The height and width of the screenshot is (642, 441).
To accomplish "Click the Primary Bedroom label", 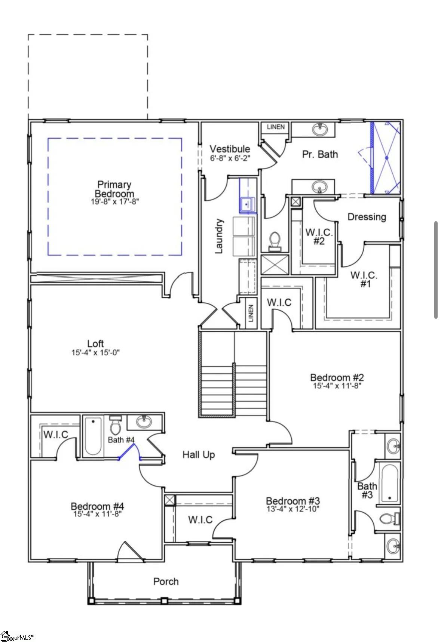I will point(114,189).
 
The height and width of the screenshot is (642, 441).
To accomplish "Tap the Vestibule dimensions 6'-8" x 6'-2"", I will point(230,158).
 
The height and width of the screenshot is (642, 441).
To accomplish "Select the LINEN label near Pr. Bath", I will point(276,127).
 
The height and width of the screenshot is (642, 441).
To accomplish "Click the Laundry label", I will point(219,236).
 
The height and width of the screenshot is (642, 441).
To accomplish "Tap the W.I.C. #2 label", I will point(319,237).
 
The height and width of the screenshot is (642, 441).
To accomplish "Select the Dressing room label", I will point(367,217).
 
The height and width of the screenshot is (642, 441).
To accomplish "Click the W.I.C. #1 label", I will point(364,279).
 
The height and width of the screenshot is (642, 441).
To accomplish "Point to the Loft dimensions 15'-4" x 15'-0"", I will point(96,352).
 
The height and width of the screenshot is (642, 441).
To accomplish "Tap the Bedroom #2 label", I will point(337,377).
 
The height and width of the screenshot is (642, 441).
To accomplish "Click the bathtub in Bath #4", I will point(93,436).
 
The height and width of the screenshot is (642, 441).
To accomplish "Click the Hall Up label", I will point(199,455).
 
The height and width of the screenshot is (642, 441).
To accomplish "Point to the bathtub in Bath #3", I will point(390,483).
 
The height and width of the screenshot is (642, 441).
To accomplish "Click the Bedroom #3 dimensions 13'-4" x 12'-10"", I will point(293,509).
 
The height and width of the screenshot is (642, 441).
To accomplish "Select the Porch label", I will point(166,581).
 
